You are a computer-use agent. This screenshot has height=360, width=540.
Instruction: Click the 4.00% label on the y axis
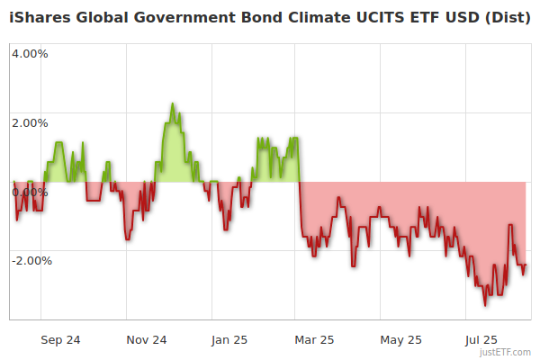point(30,53)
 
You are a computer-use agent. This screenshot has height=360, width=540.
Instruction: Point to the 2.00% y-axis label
point(30,123)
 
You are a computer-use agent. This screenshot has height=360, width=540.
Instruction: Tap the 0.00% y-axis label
point(30,192)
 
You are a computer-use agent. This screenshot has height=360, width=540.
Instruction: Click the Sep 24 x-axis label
point(61,340)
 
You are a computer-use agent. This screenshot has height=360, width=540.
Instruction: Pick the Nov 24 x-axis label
point(147,340)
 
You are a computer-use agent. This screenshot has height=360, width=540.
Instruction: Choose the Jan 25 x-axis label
point(229,340)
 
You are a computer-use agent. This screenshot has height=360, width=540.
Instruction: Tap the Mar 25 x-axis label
point(314,340)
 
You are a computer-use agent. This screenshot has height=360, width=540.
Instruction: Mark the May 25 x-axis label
point(400,340)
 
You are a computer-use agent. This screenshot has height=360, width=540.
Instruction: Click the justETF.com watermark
point(504,354)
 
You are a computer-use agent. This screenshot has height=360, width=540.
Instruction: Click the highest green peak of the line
point(172,103)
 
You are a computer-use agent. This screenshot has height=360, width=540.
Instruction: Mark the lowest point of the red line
point(485,305)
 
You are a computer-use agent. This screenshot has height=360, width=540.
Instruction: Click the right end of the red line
point(526,265)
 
